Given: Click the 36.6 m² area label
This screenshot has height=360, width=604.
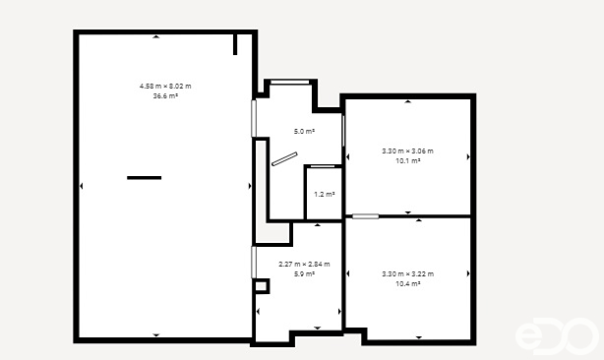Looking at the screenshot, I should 165,96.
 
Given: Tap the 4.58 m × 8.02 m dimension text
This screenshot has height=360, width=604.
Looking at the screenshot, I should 165,87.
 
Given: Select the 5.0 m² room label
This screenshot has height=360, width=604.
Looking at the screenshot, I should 304,131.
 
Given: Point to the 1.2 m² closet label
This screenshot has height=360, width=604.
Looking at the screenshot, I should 324,194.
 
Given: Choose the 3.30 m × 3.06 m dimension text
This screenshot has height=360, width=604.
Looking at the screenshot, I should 407,150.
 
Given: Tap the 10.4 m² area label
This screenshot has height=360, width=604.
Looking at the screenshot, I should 407,282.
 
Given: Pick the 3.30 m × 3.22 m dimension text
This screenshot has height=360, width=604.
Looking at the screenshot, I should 407,273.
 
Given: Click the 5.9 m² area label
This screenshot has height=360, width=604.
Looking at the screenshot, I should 304,273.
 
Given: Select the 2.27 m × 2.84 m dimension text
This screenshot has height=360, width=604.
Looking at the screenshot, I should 304,264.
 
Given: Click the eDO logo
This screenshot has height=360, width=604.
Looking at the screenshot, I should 556,336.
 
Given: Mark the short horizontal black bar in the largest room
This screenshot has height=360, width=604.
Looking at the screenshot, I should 144,178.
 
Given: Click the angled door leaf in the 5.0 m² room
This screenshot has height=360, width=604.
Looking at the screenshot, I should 284,158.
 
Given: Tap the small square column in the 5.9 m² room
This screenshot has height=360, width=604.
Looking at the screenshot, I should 261,286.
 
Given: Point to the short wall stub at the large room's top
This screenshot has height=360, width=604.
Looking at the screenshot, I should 236,44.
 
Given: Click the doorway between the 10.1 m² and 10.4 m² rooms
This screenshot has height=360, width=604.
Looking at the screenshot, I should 366,216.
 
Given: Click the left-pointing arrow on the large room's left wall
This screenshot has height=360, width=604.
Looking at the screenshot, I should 82,185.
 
